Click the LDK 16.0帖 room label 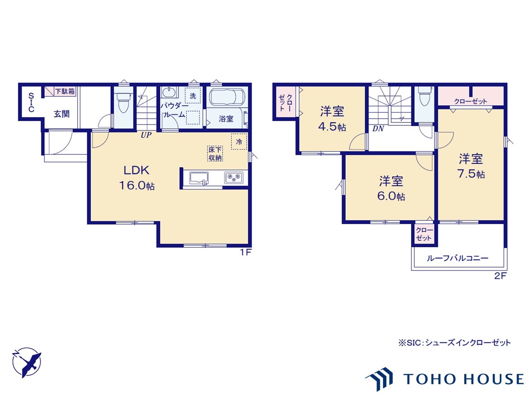pos(136,178)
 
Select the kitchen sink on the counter pos(199,178)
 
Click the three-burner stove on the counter pos(234,178)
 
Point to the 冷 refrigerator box pos(239,141)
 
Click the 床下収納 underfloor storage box pos(215,153)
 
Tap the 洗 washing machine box pos(193,96)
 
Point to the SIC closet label pos(31,103)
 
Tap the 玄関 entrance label pos(62,114)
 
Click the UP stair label pos(146,135)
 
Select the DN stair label pos(378,129)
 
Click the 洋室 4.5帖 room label pos(332,119)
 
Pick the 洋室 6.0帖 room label pos(391,188)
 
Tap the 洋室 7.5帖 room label pos(471,166)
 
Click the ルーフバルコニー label pos(458,258)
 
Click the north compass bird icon pos(27,362)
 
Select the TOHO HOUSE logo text pos(463,379)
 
